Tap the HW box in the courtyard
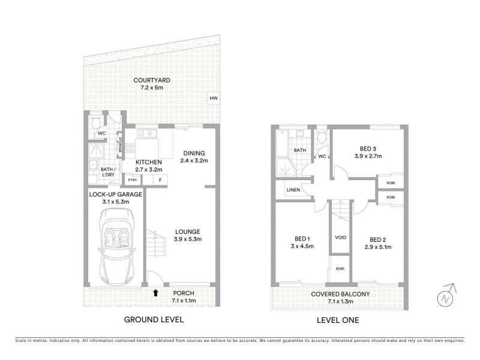pos(212,99)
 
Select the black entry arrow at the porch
pos(156,293)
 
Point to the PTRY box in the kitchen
pos(131,179)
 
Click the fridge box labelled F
pos(160,179)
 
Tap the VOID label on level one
pos(340,238)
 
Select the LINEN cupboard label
pos(293,190)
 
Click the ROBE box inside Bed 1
pos(340,269)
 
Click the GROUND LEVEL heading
pos(153,320)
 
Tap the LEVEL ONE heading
pos(337,320)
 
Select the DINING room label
pos(193,153)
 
